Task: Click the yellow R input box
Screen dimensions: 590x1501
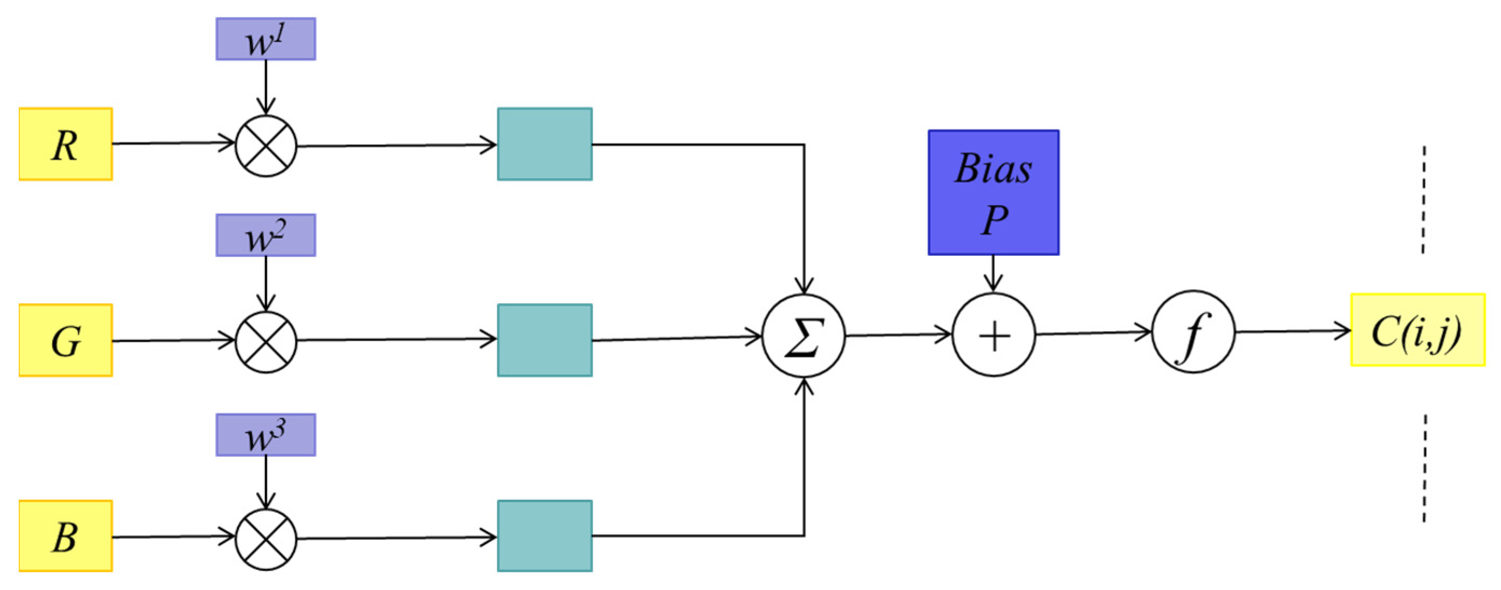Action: coord(65,144)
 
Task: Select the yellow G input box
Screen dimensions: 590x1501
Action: coord(65,340)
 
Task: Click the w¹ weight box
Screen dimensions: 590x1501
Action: coord(265,39)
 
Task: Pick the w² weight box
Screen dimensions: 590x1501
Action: coord(265,235)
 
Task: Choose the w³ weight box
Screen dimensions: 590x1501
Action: coord(265,435)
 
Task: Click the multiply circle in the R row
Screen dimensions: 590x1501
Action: coord(265,146)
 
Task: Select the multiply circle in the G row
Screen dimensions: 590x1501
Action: coord(265,342)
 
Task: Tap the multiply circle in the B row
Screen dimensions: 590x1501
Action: coord(265,539)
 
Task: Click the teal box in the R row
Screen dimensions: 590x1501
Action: coord(545,144)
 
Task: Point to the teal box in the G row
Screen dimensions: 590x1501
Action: coord(545,340)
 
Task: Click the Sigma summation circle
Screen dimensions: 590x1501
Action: coord(803,336)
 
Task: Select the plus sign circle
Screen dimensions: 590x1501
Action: coord(993,335)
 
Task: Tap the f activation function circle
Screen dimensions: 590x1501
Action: coord(1193,333)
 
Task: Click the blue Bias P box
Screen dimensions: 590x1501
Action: coord(993,192)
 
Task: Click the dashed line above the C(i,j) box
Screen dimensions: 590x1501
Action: coord(1423,199)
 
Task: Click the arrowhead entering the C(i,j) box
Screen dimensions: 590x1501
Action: coord(1343,331)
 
